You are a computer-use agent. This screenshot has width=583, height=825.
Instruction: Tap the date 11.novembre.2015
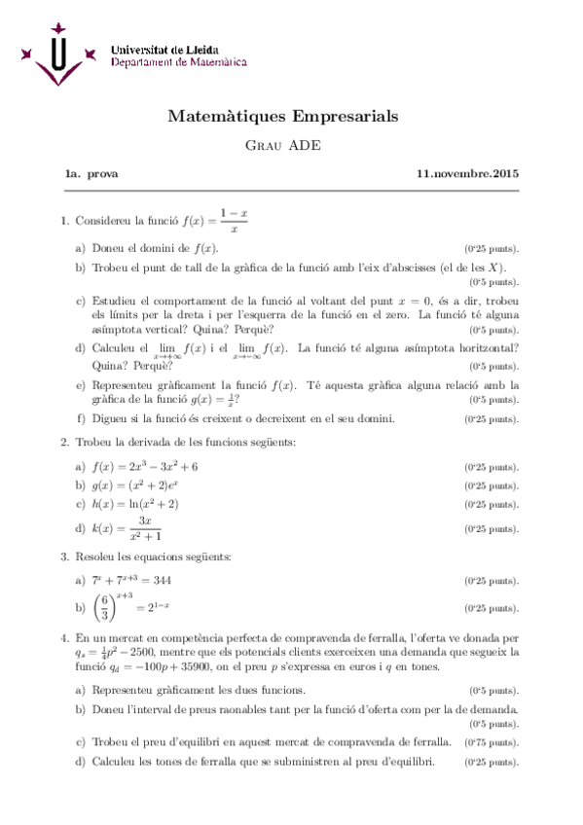pyautogui.click(x=467, y=174)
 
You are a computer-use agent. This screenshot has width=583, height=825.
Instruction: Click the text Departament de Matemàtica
pyautogui.click(x=178, y=61)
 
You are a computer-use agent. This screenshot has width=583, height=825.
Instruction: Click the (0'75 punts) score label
pyautogui.click(x=492, y=741)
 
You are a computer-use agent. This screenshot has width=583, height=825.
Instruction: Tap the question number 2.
pyautogui.click(x=64, y=443)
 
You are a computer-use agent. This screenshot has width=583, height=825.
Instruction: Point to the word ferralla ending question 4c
pyautogui.click(x=433, y=741)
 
